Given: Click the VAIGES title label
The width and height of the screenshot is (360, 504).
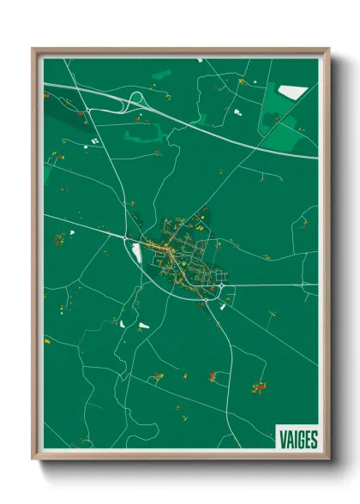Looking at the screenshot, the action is [x=297, y=439].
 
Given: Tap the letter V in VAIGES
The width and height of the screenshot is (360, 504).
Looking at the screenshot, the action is [x=282, y=439].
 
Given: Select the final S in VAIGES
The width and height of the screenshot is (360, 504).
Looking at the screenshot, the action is [x=314, y=439].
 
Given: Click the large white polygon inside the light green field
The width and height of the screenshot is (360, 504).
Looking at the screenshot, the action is [x=293, y=92].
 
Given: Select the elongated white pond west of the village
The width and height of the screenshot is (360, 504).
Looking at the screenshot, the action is [x=135, y=252].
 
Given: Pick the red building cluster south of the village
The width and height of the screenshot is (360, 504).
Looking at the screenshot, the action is [x=212, y=375].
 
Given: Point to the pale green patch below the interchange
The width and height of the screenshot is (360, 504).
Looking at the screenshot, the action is [x=141, y=133].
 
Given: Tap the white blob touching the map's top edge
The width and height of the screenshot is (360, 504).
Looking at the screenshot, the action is [x=199, y=60].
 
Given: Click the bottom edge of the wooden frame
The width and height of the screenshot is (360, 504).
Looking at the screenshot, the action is [x=180, y=456].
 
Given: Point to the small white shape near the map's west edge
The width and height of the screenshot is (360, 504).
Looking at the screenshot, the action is [x=72, y=231].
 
